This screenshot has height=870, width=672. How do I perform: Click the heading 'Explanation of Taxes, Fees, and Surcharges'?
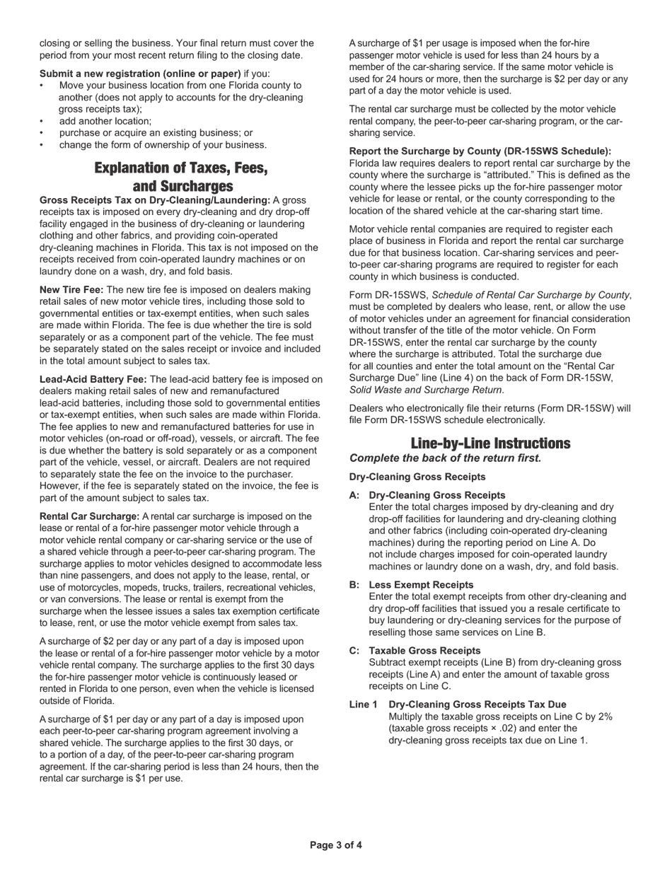tap(181, 177)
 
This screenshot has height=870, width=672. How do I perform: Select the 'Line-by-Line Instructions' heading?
tap(490, 443)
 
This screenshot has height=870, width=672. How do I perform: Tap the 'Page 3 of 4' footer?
tap(336, 845)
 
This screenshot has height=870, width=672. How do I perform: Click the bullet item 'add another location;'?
tap(105, 121)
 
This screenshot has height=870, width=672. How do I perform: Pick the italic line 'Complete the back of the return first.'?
tap(445, 458)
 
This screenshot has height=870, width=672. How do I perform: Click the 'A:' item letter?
tap(354, 495)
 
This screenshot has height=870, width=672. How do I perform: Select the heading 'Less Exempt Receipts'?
tap(421, 585)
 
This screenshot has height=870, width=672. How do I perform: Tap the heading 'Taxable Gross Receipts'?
tap(424, 651)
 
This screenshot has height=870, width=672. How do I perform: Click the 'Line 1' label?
tap(363, 704)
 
